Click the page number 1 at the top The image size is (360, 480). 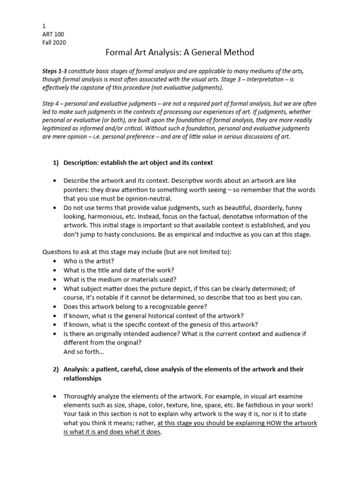[44, 27]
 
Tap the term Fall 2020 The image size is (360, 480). [54, 43]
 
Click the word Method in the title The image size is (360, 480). [237, 52]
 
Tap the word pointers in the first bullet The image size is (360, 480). [77, 189]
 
